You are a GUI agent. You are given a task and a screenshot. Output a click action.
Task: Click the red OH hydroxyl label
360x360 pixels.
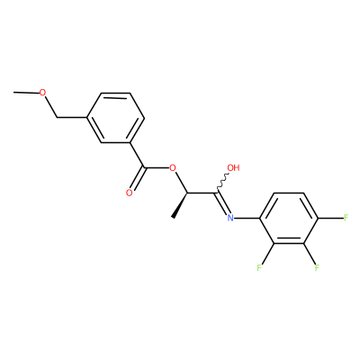tap(234, 167)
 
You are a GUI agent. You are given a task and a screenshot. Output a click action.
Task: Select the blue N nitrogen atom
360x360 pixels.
tap(230, 218)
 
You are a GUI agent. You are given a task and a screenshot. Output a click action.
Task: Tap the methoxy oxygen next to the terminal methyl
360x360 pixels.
tap(43, 93)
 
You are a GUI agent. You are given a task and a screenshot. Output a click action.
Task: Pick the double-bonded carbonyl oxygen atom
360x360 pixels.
tap(130, 193)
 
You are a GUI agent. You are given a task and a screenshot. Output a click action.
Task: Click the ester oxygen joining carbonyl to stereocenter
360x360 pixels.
tap(172, 167)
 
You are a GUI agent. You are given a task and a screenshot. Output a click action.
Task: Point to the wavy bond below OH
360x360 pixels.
tap(222, 183)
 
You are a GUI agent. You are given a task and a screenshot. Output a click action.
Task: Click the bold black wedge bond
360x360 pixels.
tap(180, 205)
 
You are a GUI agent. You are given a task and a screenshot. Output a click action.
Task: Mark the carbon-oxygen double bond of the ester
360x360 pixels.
tap(138, 179)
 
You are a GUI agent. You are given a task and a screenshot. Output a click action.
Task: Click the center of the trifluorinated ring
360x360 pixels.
tap(289, 218)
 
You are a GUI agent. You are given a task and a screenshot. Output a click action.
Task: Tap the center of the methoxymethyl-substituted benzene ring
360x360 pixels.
tap(115, 118)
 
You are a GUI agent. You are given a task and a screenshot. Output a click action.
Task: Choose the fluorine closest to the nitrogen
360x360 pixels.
tap(259, 267)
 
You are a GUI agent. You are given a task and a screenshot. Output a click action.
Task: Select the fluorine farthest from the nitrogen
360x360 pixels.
tap(346, 218)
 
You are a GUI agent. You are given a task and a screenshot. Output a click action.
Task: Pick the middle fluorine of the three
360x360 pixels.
tap(317, 267)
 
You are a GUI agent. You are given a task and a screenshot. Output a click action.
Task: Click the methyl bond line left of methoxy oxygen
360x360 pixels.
tap(26, 93)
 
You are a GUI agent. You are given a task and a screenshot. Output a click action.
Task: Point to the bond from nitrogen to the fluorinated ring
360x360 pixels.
tap(247, 218)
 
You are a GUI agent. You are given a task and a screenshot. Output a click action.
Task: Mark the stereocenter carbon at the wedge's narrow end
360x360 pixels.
tap(187, 193)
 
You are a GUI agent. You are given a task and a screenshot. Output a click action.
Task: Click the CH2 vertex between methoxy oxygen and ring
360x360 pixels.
tap(58, 118)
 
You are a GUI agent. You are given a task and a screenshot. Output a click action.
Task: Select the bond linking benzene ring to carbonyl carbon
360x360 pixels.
tap(138, 155)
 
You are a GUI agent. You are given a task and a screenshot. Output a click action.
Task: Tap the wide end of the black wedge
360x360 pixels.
tap(173, 217)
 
